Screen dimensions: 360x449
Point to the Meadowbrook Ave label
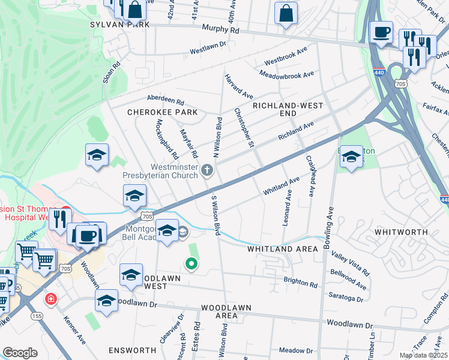pyautogui.click(x=286, y=74)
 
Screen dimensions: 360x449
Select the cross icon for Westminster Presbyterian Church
pyautogui.click(x=207, y=170)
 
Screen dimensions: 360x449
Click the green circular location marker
pyautogui.click(x=191, y=263)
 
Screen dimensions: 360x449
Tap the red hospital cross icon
pyautogui.click(x=52, y=298)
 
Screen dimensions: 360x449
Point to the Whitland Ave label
pyautogui.click(x=281, y=186)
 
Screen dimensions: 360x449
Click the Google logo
pyautogui.click(x=20, y=353)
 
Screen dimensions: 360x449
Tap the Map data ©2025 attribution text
pyautogui.click(x=424, y=355)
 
